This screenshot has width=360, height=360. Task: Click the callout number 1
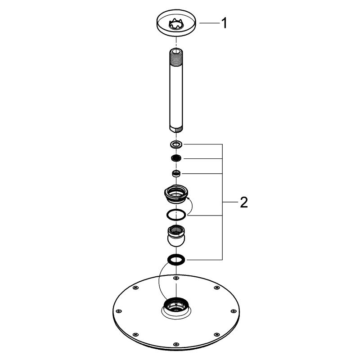[x=224, y=23]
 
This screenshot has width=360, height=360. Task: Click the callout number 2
[x=244, y=202]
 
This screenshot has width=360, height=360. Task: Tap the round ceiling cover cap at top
[x=176, y=23]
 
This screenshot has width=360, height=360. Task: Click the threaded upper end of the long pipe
[x=176, y=58]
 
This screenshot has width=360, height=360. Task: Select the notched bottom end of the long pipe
[x=176, y=129]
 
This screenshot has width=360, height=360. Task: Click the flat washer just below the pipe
[x=176, y=144]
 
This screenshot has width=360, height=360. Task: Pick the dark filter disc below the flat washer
[x=176, y=158]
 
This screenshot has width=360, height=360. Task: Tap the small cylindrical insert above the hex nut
[x=176, y=174]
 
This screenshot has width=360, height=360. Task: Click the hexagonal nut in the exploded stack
[x=176, y=194]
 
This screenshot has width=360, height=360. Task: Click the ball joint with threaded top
[x=176, y=236]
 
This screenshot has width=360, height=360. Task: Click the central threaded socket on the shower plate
[x=176, y=305]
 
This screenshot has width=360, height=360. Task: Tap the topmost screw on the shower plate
[x=176, y=278]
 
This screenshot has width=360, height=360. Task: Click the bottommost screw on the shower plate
[x=176, y=344]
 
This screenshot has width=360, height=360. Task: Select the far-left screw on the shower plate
[x=119, y=311]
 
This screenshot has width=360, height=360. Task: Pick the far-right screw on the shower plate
[x=234, y=311]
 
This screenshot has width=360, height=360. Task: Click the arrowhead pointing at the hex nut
[x=187, y=198]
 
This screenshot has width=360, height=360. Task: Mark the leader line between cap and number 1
[x=209, y=23]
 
